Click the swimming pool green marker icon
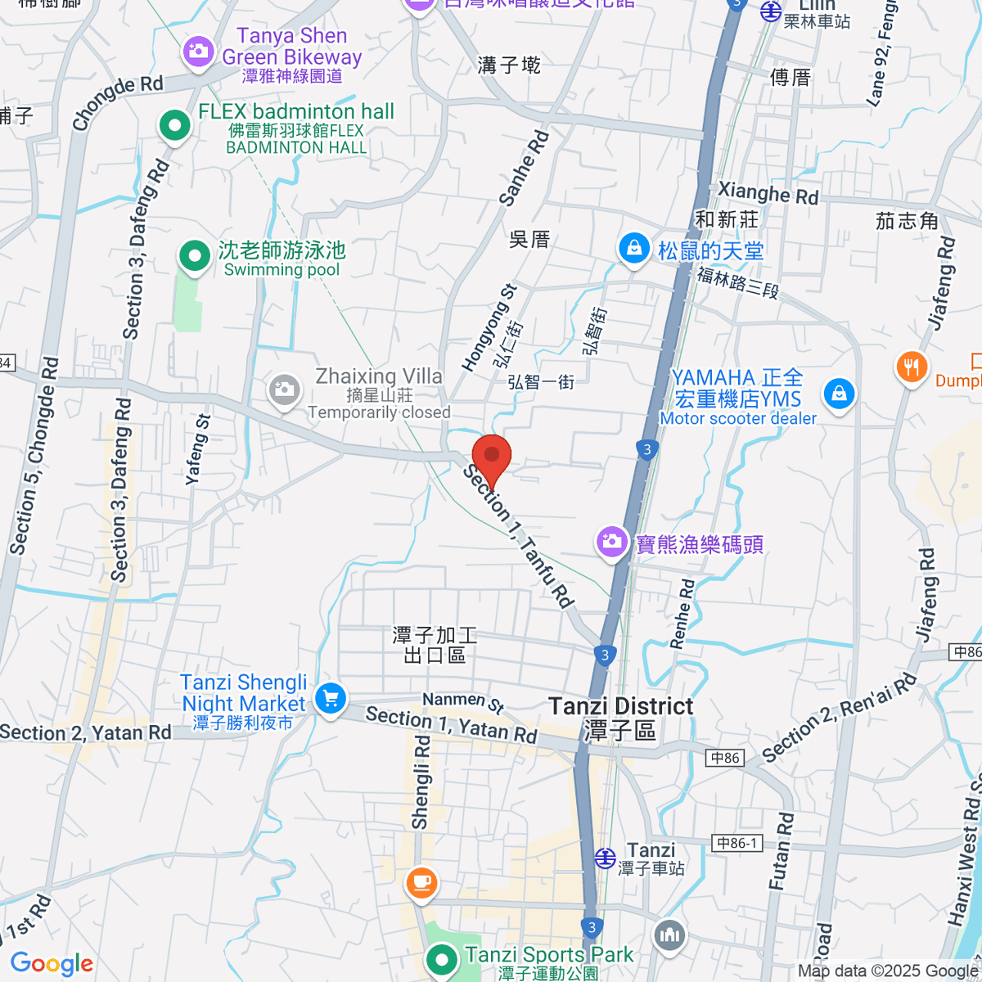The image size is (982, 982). (x=195, y=255)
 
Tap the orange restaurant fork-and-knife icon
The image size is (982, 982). (x=912, y=367)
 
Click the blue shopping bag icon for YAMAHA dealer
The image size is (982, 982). (x=839, y=394)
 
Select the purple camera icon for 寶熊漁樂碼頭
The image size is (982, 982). (x=611, y=541)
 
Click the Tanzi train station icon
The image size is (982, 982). (x=605, y=857)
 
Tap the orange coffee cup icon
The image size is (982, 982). (x=421, y=882)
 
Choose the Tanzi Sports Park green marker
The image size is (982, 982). (x=442, y=959)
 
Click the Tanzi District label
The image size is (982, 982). (x=621, y=706)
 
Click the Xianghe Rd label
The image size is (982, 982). (x=768, y=194)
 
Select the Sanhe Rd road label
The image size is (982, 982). (x=524, y=169)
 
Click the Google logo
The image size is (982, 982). (x=52, y=964)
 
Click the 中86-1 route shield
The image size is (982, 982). (x=737, y=843)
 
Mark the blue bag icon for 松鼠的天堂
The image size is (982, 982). (x=633, y=248)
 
